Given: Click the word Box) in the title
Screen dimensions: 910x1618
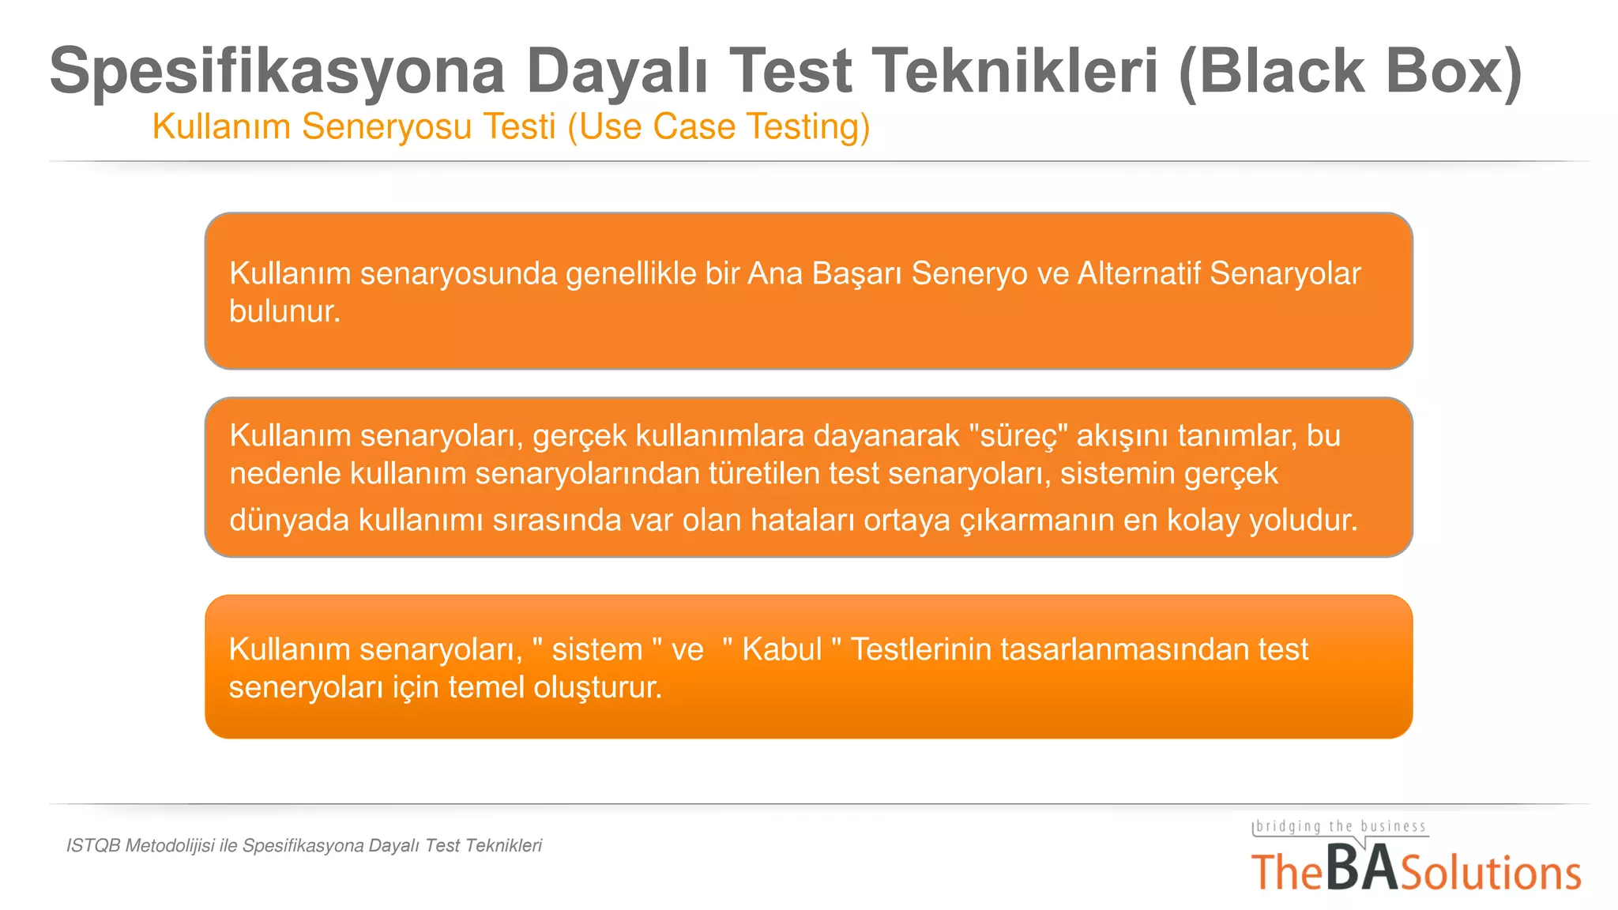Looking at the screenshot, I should tap(1454, 71).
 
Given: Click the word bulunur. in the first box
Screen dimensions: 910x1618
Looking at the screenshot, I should tap(284, 311).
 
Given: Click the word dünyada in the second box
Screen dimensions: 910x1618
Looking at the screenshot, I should tap(289, 521).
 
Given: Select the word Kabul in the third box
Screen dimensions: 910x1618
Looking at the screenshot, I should tap(781, 649).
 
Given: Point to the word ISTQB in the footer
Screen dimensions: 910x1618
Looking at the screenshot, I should tap(93, 846).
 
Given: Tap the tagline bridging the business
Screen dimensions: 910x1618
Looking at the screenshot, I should tap(1340, 827).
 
